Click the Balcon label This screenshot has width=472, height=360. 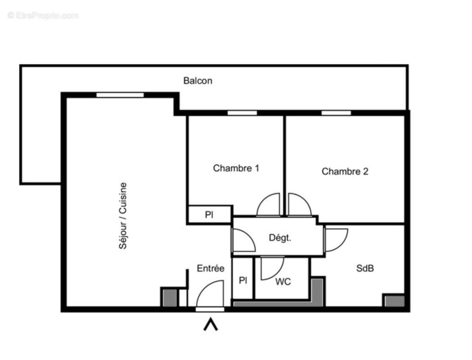click(x=197, y=81)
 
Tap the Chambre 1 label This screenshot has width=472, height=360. click(x=236, y=168)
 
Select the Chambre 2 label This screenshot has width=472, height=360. click(x=345, y=171)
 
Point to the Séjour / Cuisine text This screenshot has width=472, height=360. click(x=123, y=216)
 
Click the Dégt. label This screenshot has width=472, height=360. click(x=280, y=238)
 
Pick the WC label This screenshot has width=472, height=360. click(x=283, y=282)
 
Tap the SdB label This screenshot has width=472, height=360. click(x=365, y=269)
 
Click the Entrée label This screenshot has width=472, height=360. click(x=210, y=269)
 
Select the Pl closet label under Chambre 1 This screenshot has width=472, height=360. click(x=209, y=215)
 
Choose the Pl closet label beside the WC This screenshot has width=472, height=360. click(x=243, y=281)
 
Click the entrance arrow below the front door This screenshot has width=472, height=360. click(x=210, y=324)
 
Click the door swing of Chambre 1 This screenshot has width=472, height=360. click(x=269, y=205)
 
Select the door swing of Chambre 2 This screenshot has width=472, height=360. click(x=299, y=205)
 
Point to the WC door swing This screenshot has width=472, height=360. click(x=272, y=267)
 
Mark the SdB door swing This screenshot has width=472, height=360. click(x=335, y=240)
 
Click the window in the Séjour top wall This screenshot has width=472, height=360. click(x=120, y=95)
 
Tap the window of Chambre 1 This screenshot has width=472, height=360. click(x=242, y=113)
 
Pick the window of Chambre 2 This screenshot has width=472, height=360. click(x=336, y=113)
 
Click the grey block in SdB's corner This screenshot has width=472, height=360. click(x=394, y=301)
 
